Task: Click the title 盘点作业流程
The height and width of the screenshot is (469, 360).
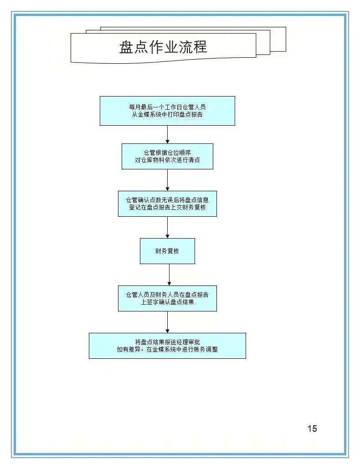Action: point(163,47)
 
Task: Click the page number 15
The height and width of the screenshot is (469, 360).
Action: point(312,428)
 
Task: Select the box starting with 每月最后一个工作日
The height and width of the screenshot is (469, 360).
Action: point(167,111)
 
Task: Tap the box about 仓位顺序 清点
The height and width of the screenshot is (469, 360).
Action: point(167,157)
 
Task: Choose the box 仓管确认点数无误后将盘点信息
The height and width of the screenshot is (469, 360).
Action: point(167,204)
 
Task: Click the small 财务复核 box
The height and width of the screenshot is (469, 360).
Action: point(167,251)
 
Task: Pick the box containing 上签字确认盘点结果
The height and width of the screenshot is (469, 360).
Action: point(167,299)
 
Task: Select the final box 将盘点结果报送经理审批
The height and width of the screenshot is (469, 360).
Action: point(167,346)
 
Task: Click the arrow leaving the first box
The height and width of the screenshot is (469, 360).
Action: point(167,135)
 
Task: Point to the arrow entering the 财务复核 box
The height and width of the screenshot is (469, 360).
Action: point(167,227)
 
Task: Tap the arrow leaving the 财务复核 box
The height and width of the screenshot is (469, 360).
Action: point(169,275)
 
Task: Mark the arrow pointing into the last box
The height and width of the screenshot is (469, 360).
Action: point(167,322)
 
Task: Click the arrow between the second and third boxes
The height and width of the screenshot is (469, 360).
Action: point(167,180)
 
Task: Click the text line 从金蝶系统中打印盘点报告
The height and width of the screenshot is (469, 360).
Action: point(167,115)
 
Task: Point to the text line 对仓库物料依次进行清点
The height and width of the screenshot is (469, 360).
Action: point(167,160)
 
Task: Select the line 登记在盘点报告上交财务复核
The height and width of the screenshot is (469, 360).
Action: point(167,207)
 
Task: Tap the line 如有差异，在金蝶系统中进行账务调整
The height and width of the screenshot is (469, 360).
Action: point(167,349)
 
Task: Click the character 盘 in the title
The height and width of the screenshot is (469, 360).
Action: point(126,47)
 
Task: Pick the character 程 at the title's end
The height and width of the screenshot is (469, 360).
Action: point(200,47)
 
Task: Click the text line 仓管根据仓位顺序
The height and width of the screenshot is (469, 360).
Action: point(167,153)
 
